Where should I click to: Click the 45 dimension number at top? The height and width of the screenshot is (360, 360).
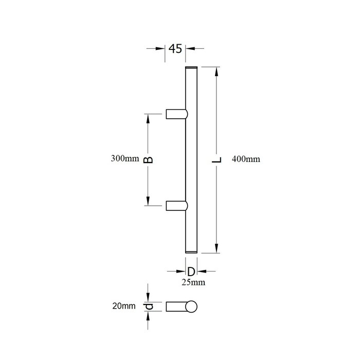175,49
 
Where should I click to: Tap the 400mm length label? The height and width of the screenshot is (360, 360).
246,159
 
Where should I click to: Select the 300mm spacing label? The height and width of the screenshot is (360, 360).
125,159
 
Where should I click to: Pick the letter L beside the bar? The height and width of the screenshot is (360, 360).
217,160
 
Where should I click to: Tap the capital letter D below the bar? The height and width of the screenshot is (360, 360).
190,271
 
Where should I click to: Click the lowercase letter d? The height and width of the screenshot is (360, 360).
149,307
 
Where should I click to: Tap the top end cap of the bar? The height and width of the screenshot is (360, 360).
190,68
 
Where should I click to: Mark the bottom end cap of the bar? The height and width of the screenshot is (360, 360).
190,252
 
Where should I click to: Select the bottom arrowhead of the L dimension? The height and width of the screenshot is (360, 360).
217,249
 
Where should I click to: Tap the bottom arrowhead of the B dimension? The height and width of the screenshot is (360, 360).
149,202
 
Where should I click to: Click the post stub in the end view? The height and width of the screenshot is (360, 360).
176,307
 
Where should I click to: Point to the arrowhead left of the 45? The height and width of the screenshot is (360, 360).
160,49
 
